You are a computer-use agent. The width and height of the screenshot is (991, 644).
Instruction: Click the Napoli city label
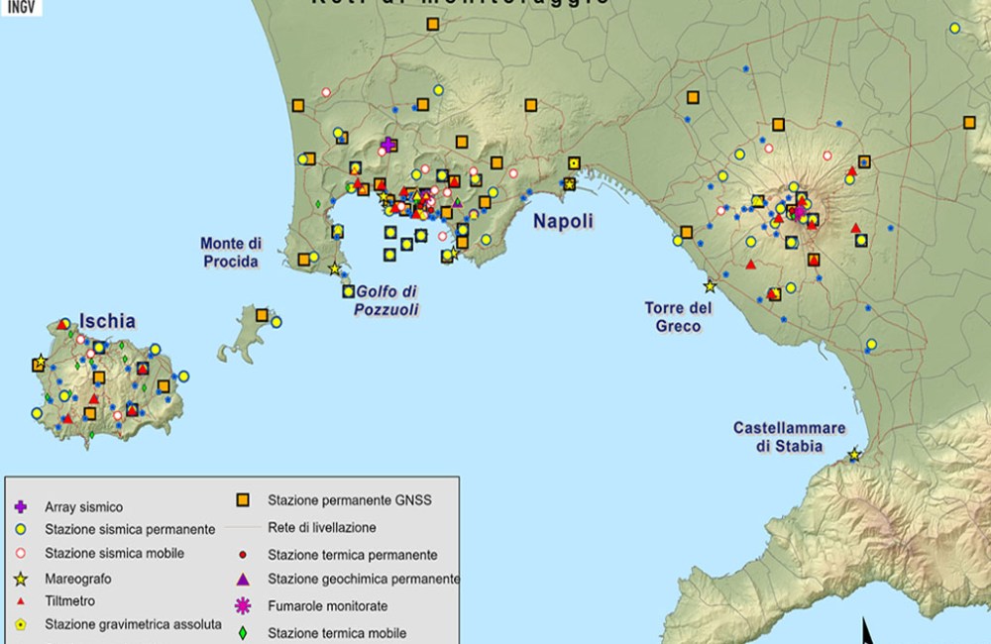[x=563, y=221]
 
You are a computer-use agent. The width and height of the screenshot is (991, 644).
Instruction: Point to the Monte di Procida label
[x=231, y=253]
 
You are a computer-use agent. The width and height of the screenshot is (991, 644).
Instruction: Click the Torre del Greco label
[x=679, y=317]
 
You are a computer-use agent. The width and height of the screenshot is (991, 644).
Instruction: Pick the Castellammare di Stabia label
[x=790, y=437]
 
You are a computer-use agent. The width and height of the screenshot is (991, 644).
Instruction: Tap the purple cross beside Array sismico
[x=20, y=507]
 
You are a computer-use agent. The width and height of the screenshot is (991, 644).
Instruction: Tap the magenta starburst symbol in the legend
[x=242, y=605]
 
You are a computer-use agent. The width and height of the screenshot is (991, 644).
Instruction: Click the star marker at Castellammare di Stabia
[x=854, y=455]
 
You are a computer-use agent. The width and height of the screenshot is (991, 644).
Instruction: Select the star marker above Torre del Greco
[x=710, y=286]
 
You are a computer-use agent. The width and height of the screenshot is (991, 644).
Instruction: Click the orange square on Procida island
[x=262, y=315]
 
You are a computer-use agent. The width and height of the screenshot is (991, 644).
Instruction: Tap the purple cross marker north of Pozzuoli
[x=388, y=146]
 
